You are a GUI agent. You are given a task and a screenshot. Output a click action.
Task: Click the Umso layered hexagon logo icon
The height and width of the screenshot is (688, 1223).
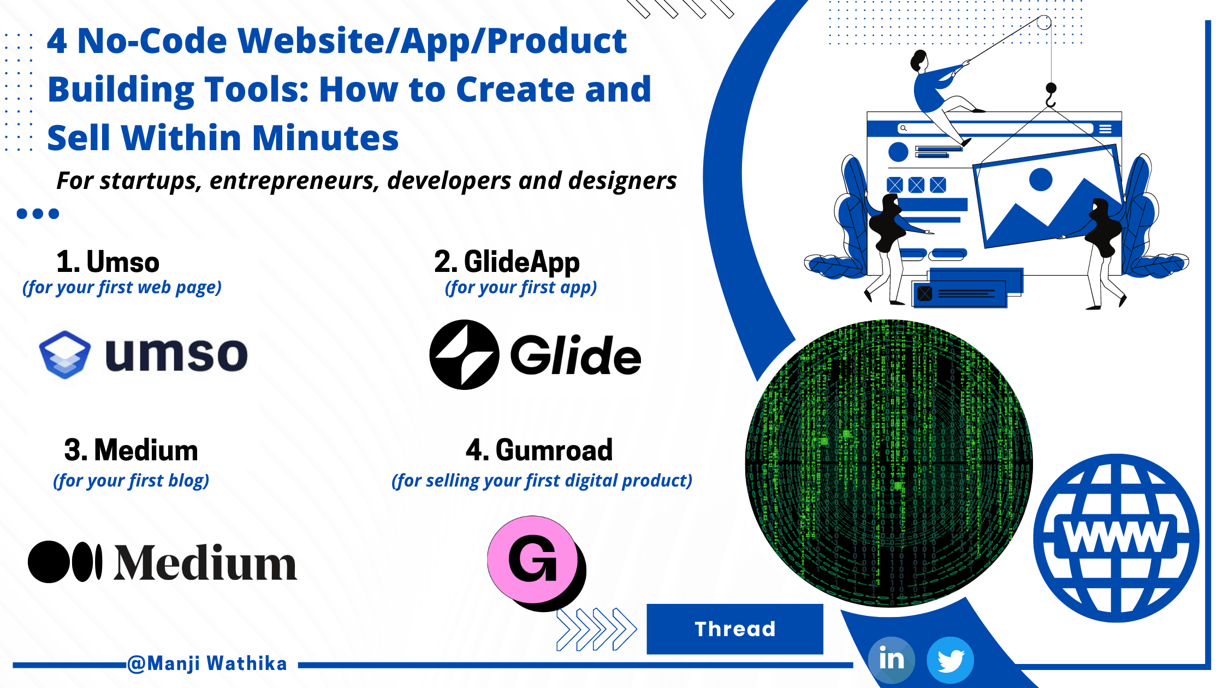pyautogui.click(x=65, y=355)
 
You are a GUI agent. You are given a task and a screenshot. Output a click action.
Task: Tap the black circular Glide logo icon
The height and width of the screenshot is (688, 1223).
pyautogui.click(x=464, y=355)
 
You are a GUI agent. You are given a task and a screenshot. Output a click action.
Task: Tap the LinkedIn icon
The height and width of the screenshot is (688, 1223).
pyautogui.click(x=892, y=660)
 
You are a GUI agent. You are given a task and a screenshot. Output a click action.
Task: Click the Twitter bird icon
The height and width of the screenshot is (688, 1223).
pyautogui.click(x=951, y=660)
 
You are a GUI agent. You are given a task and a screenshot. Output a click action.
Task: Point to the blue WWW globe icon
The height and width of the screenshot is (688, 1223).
pyautogui.click(x=1116, y=538)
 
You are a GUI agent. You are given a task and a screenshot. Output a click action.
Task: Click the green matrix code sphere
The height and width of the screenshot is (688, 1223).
pyautogui.click(x=889, y=463)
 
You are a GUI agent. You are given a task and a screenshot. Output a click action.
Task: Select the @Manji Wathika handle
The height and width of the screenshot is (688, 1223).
pyautogui.click(x=207, y=663)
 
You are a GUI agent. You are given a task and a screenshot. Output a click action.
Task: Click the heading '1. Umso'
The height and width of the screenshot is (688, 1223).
pyautogui.click(x=108, y=262)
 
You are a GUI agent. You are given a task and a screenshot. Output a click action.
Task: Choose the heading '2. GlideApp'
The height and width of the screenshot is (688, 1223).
pyautogui.click(x=507, y=263)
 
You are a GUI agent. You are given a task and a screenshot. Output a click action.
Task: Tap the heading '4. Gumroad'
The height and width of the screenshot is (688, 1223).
pyautogui.click(x=539, y=450)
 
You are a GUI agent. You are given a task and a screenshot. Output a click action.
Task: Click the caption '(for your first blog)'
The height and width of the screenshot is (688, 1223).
pyautogui.click(x=131, y=481)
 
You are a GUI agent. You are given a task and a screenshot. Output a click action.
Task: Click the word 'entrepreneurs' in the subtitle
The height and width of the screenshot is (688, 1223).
pyautogui.click(x=295, y=181)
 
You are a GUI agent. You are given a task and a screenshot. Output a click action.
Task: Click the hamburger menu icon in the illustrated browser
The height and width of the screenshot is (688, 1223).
pyautogui.click(x=1106, y=129)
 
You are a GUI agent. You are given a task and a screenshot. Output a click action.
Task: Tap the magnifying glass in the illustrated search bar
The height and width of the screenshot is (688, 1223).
pyautogui.click(x=904, y=128)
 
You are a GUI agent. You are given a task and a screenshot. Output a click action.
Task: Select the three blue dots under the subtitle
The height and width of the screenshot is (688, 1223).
pyautogui.click(x=38, y=213)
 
